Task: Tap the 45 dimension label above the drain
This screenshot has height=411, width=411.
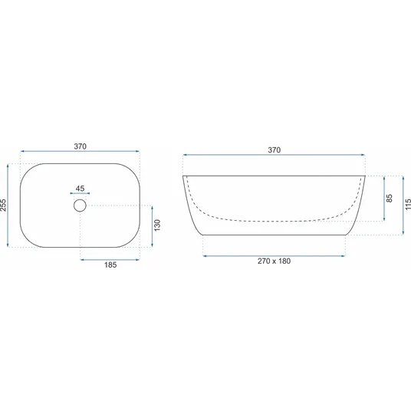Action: pos(80,189)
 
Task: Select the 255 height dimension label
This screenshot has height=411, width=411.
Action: pos(3,205)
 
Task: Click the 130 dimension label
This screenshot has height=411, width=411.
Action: pos(157,225)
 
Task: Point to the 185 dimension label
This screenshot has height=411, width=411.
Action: pos(110,265)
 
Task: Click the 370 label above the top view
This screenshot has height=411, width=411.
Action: pos(80,146)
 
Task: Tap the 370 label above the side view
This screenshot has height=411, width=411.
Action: pos(275,150)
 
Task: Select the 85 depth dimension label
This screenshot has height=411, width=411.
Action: pos(390,198)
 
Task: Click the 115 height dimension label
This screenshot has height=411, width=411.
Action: pos(408,204)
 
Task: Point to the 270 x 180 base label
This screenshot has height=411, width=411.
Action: pos(274,261)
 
